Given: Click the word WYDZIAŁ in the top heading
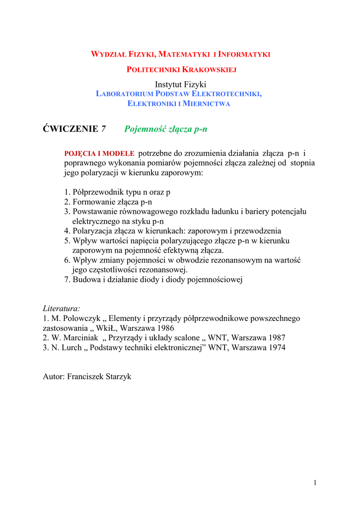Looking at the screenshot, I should [x=108, y=54].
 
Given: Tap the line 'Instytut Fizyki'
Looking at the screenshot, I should [x=180, y=84].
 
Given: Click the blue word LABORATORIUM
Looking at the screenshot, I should [x=124, y=94].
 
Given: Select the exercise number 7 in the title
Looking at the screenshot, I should [x=103, y=129].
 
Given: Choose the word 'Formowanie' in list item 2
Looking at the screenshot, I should [x=94, y=202].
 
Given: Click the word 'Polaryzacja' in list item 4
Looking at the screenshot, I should [x=93, y=231].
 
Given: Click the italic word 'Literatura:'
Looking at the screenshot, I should [x=62, y=309].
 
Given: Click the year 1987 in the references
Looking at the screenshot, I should [x=276, y=338].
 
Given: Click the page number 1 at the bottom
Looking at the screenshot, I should [x=315, y=484].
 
